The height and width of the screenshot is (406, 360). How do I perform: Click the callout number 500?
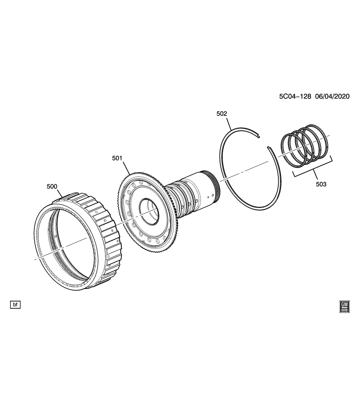click(52, 186)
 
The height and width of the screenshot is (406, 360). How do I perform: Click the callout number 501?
click(117, 158)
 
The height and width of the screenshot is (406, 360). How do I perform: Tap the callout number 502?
click(222, 113)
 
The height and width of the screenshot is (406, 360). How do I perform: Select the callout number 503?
click(321, 184)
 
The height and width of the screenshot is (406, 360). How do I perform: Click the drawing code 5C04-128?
click(295, 96)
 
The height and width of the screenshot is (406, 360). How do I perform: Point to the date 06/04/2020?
click(332, 96)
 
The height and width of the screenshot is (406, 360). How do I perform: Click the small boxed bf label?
click(15, 304)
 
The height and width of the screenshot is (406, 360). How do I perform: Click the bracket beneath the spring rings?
click(313, 171)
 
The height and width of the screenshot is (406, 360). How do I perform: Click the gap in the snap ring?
click(264, 142)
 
